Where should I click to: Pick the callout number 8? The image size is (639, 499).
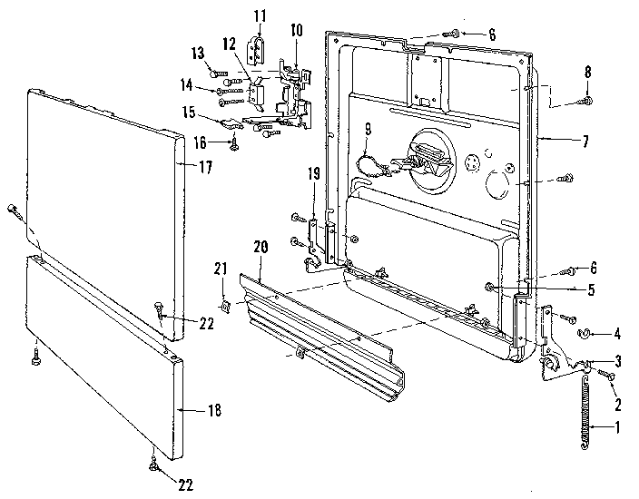[587, 72]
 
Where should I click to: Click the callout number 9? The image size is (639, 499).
[367, 131]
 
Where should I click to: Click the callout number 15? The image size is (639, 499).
[189, 113]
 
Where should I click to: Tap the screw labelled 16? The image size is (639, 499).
[234, 142]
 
